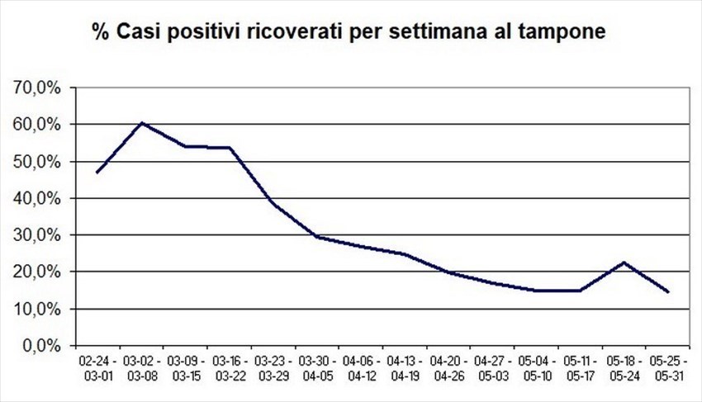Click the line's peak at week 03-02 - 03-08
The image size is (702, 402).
tap(142, 123)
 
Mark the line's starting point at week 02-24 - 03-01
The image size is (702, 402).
tap(97, 172)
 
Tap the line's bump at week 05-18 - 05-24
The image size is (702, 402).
tap(624, 262)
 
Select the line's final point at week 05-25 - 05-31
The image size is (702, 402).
tap(667, 291)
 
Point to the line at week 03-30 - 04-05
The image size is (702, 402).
tap(318, 237)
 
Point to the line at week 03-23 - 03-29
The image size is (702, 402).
tap(273, 202)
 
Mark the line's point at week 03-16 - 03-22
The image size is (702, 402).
tap(230, 148)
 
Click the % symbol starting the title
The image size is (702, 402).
tap(101, 34)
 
